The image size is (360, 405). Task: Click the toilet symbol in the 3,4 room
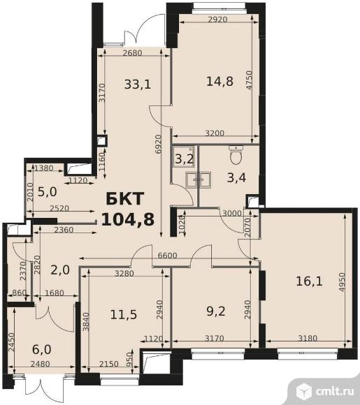pyautogui.click(x=236, y=154)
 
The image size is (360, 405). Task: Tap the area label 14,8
pyautogui.click(x=219, y=81)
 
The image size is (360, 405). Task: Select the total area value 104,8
pyautogui.click(x=128, y=219)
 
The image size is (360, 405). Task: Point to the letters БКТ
pyautogui.click(x=124, y=198)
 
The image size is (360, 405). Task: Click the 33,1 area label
pyautogui.click(x=137, y=84)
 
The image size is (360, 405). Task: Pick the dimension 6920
pyautogui.click(x=159, y=145)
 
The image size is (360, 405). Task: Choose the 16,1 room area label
pyautogui.click(x=309, y=281)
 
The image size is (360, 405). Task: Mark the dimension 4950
pyautogui.click(x=342, y=282)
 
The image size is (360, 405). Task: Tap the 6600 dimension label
pyautogui.click(x=168, y=256)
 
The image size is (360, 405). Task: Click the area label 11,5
pyautogui.click(x=124, y=315)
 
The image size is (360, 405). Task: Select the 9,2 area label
pyautogui.click(x=216, y=311)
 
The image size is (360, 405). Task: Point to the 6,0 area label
pyautogui.click(x=42, y=349)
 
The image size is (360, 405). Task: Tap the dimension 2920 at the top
pyautogui.click(x=217, y=19)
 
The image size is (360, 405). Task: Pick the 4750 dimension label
pyautogui.click(x=249, y=80)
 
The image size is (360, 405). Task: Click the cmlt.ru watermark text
pyautogui.click(x=335, y=392)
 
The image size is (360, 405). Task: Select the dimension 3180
pyautogui.click(x=308, y=338)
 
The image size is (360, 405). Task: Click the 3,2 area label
pyautogui.click(x=184, y=159)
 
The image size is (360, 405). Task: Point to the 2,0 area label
pyautogui.click(x=60, y=270)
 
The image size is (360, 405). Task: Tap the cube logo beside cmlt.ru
pyautogui.click(x=304, y=391)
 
